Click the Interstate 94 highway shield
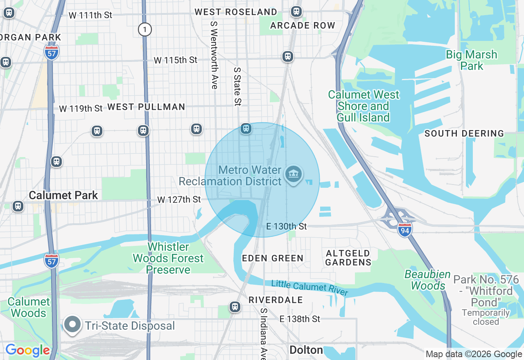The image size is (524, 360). click(404, 228)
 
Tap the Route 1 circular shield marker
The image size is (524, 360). click(145, 29)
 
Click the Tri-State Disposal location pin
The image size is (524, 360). click(73, 325)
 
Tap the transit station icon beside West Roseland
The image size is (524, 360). click(296, 12)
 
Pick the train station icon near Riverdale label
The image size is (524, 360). click(235, 307)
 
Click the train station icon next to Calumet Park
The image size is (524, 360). click(18, 206)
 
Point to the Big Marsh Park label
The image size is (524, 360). click(471, 60)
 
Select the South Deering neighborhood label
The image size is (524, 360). click(464, 133)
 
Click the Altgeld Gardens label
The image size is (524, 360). click(348, 258)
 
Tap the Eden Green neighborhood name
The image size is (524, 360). click(273, 258)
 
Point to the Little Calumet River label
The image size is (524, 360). click(309, 288)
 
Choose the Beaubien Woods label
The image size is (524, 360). click(427, 280)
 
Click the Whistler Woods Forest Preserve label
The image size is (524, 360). click(168, 258)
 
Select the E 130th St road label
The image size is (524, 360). click(286, 227)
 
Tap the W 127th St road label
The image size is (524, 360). click(179, 200)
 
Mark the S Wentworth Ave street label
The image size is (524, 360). click(214, 55)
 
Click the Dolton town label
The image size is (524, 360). click(306, 350)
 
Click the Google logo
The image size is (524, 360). click(27, 351)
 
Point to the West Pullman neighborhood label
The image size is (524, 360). click(146, 107)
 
